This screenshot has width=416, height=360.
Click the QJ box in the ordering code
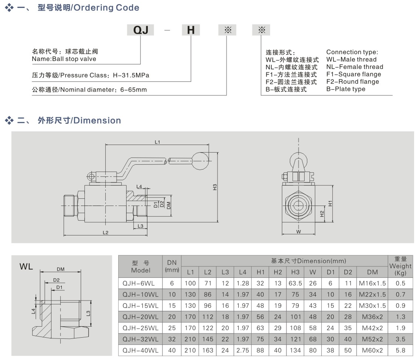[x=140, y=30]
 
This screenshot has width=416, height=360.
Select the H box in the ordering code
[x=191, y=30]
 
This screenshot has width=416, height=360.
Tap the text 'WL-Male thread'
[x=351, y=59]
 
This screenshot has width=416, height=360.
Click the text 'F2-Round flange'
[x=352, y=82]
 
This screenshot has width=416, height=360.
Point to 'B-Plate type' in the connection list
[x=346, y=89]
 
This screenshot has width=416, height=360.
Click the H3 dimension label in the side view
[x=214, y=187]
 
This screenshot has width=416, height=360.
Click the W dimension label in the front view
[x=298, y=232]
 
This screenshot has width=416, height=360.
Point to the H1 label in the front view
[x=330, y=203]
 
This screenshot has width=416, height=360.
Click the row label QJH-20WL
[x=140, y=317]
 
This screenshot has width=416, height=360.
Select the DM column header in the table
[x=372, y=272]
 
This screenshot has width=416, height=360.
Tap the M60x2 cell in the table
[x=372, y=351]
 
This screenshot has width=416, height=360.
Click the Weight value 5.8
[x=400, y=351]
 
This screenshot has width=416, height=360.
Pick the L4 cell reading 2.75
[x=242, y=351]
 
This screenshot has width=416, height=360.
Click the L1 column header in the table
[x=190, y=272]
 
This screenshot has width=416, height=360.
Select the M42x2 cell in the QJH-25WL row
[x=372, y=328]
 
